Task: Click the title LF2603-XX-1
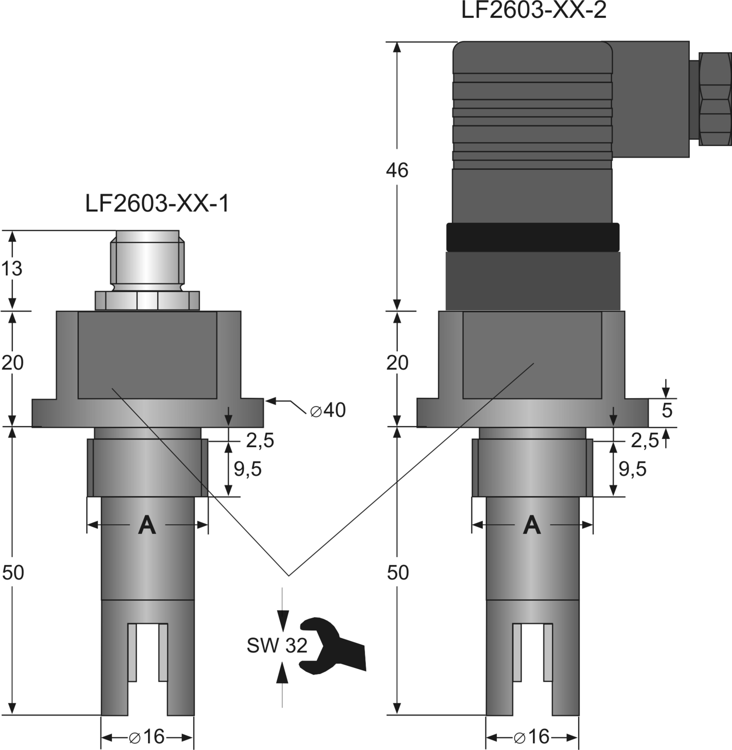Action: (157, 204)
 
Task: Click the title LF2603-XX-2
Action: (534, 11)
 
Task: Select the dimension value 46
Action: (397, 170)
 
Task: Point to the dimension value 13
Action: (12, 269)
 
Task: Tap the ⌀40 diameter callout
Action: (328, 410)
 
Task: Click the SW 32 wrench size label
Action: (277, 646)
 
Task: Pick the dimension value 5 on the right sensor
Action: (667, 410)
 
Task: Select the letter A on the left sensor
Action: (147, 525)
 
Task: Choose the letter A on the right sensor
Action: (532, 525)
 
